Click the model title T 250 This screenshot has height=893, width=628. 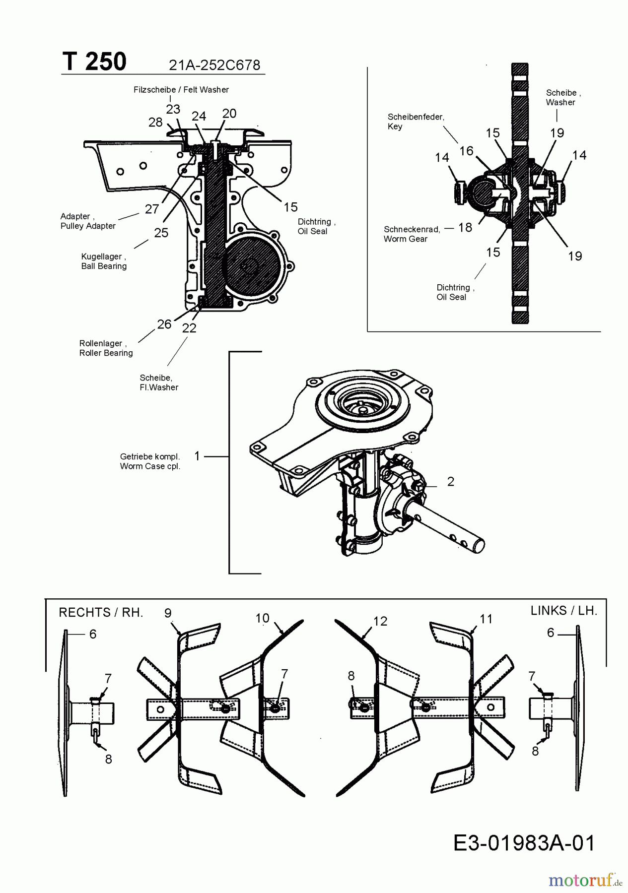click(94, 63)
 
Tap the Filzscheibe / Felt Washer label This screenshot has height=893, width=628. click(181, 90)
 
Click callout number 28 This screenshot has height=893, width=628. click(155, 122)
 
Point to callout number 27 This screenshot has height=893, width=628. click(152, 209)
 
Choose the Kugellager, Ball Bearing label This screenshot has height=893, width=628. click(104, 261)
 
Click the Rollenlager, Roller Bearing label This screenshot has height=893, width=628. click(106, 348)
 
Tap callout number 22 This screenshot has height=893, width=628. click(189, 328)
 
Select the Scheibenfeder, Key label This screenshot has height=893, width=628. click(416, 122)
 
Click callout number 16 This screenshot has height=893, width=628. click(466, 151)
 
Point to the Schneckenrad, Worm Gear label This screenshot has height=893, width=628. click(412, 234)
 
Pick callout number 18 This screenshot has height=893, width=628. click(465, 228)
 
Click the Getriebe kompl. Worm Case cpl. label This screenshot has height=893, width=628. click(150, 461)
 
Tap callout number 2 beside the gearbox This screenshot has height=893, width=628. click(451, 481)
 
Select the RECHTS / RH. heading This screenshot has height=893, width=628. click(101, 613)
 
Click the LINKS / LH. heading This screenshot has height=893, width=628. click(564, 611)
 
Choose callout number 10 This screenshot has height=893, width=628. click(262, 618)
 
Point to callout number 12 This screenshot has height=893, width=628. click(380, 621)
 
